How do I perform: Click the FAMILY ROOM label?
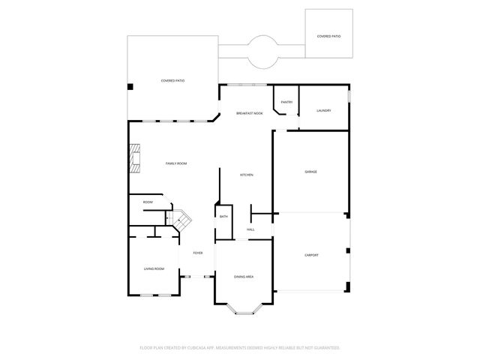175,163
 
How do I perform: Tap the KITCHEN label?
246,175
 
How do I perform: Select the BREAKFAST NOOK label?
249,112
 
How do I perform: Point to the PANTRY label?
286,102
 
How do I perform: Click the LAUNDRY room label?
322,110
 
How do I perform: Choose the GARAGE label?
310,172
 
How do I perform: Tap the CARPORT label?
311,255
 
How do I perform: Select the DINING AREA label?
243,277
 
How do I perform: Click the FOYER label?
198,253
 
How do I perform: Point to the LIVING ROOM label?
154,268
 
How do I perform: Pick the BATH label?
223,217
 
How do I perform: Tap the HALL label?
250,229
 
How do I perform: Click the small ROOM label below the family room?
148,202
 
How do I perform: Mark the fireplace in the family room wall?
133,157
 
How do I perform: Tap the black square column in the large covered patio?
130,88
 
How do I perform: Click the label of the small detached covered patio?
328,36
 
